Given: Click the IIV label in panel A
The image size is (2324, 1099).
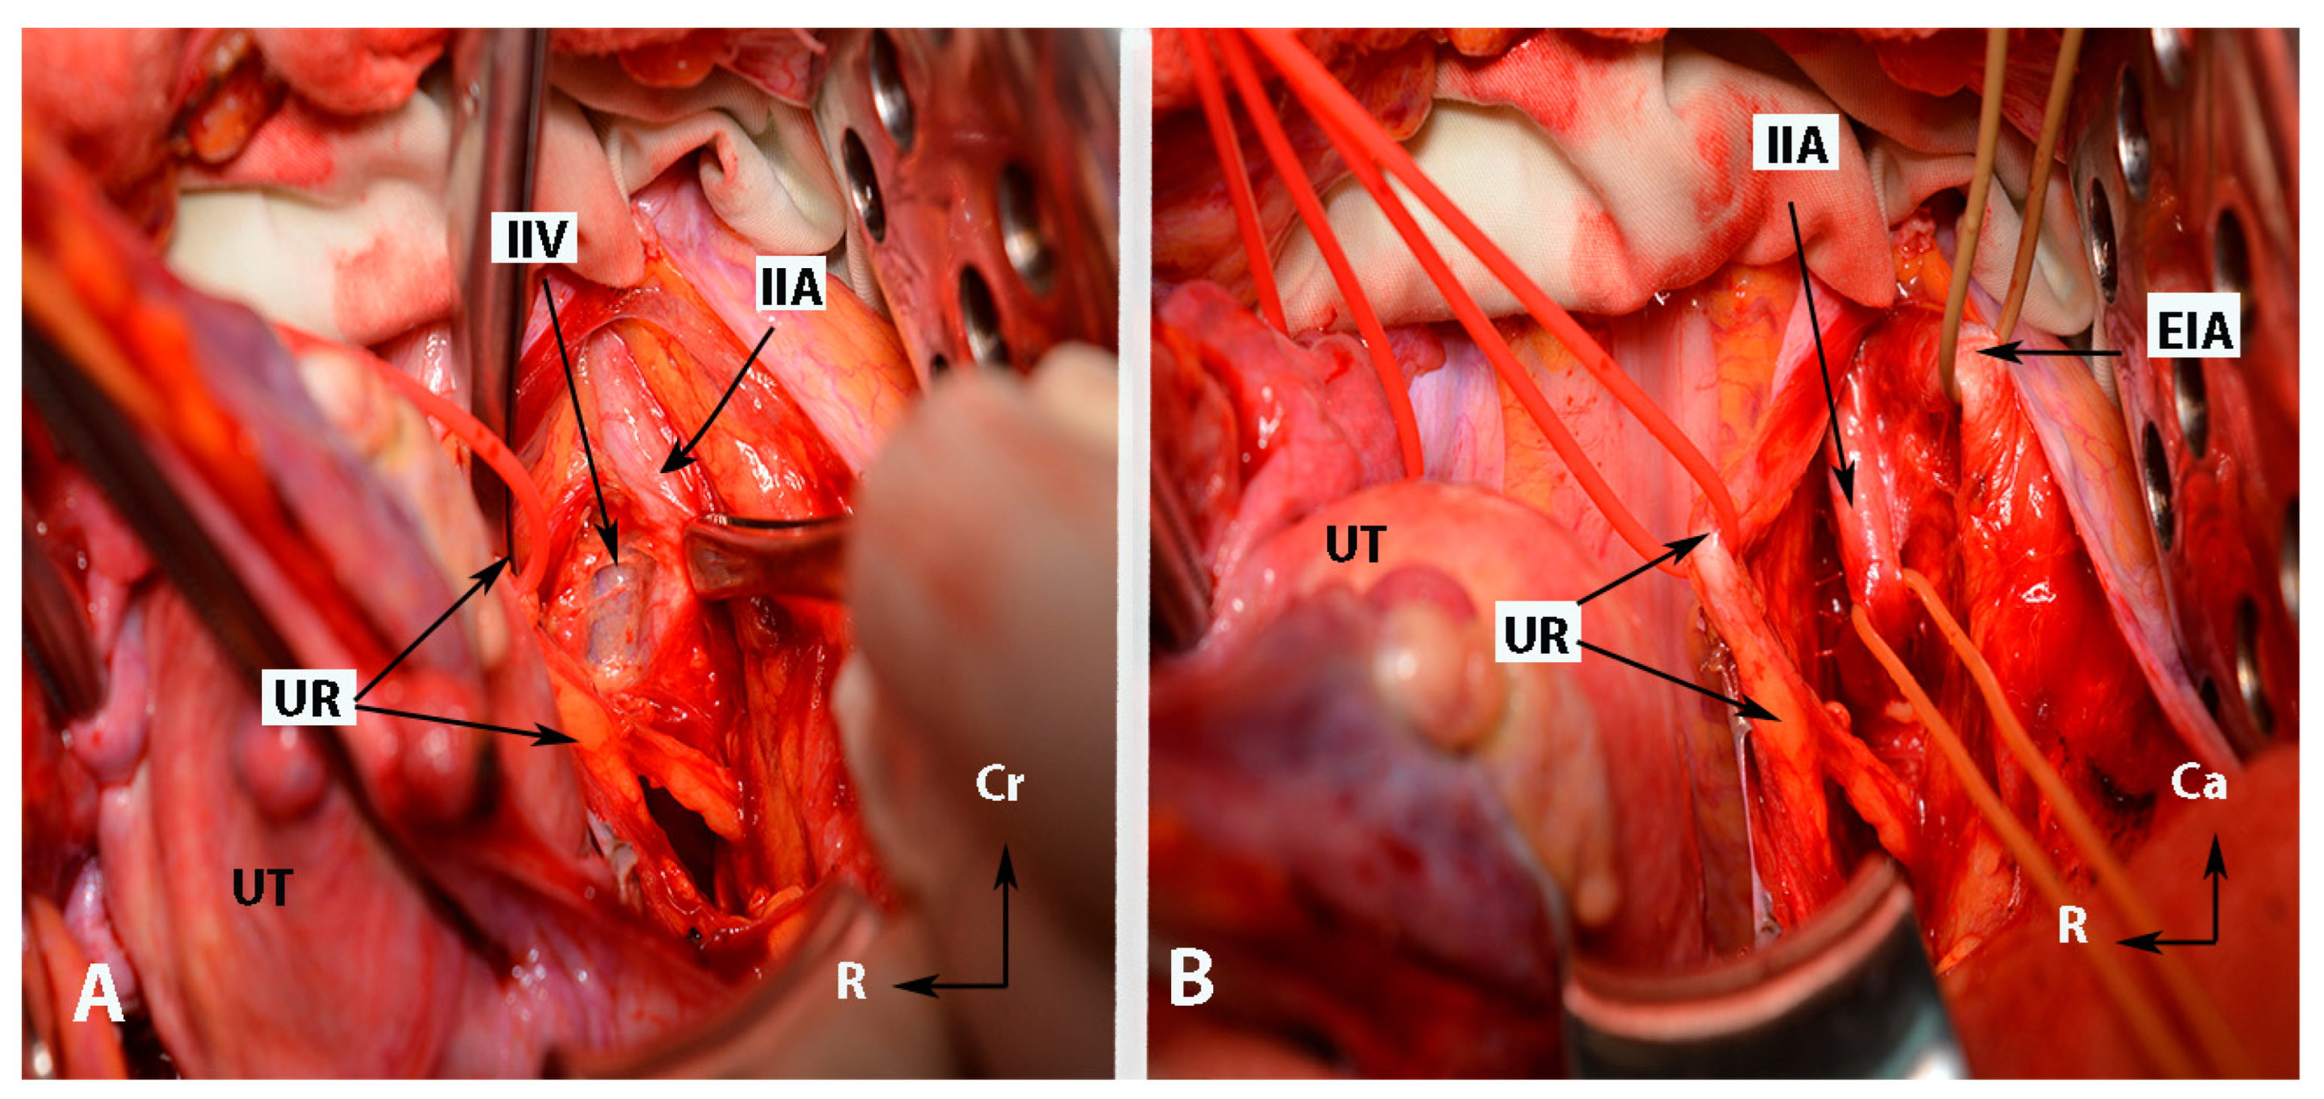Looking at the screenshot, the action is tap(534, 237).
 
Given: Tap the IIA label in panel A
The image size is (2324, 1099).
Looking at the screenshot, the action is tap(791, 286).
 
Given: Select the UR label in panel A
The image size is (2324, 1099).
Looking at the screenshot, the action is tap(308, 697).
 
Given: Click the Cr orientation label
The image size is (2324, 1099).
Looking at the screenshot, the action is tap(999, 784).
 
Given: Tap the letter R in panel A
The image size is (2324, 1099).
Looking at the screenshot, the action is tap(851, 981).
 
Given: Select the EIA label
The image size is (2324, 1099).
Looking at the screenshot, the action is tap(2193, 329).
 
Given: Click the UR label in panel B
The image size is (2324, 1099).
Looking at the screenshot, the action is tap(1536, 635).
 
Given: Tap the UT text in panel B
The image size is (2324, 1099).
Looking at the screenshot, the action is tap(1355, 544).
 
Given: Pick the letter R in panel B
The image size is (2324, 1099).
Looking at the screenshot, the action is tap(2072, 925).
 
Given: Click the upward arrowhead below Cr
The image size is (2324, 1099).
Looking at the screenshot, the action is tap(1005, 856).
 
